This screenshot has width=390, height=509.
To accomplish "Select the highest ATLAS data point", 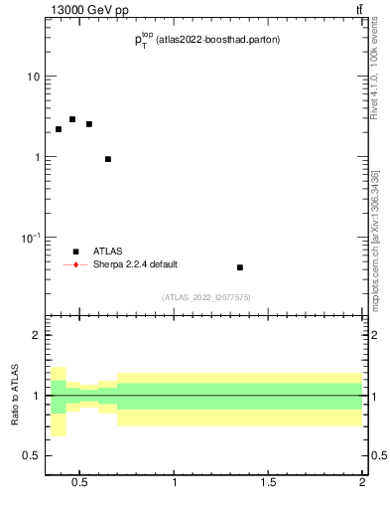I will [x=72, y=119].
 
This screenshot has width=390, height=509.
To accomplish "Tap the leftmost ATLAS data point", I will [x=59, y=129].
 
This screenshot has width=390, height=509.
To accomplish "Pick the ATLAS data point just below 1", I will [x=108, y=159].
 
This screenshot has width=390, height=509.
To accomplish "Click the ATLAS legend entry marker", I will [x=75, y=252].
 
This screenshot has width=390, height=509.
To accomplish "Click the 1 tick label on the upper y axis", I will [x=36, y=158].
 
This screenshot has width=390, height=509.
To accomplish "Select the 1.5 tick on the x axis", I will [x=269, y=483].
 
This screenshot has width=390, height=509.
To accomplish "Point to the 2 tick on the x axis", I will [x=362, y=483].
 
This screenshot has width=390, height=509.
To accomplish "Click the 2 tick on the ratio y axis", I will [x=36, y=336].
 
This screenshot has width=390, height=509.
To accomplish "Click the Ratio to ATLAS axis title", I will [x=15, y=396].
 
